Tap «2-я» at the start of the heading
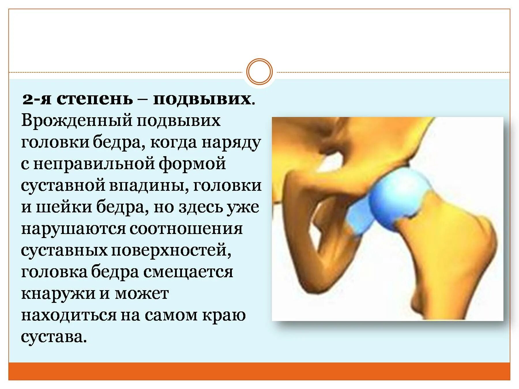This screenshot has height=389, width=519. [x=37, y=99]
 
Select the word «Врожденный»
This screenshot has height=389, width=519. [x=76, y=121]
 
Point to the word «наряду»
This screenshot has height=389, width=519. [x=231, y=143]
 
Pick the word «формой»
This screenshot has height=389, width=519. [x=192, y=164]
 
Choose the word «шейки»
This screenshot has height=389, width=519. [x=64, y=207]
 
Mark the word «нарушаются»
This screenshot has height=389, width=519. [x=73, y=229]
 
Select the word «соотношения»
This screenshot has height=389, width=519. [x=186, y=229]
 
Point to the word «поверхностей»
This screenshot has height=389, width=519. [x=171, y=250]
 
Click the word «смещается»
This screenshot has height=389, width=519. [x=188, y=272]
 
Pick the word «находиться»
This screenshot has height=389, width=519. [x=68, y=315]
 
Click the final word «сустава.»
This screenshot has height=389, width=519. [x=54, y=337]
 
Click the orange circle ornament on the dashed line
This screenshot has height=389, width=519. [x=259, y=72]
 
